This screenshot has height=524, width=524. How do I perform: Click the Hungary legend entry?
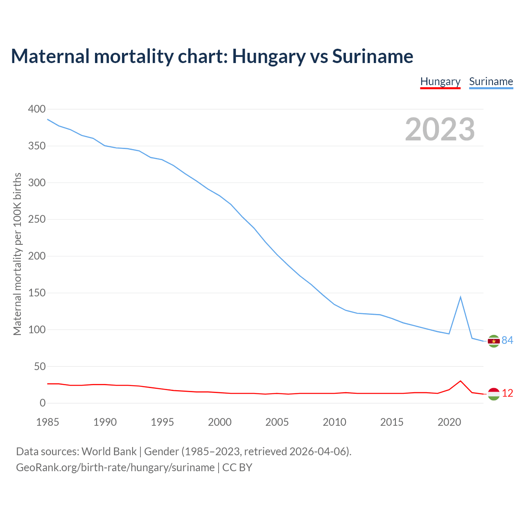(440, 81)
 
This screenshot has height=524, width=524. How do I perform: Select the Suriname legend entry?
(491, 81)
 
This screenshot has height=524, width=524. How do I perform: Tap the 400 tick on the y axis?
(37, 109)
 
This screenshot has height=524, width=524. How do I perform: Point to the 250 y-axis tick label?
(37, 219)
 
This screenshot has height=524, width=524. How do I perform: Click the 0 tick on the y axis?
(43, 403)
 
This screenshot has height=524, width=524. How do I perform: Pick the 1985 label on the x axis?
(47, 422)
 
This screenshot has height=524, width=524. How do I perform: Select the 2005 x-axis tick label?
(277, 422)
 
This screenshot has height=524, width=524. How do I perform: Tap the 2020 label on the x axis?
(449, 422)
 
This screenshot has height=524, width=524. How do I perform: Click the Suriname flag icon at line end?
(494, 341)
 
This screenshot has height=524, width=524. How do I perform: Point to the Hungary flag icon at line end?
(494, 394)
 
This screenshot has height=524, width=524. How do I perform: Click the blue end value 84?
(508, 340)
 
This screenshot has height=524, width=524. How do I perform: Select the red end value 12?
(508, 393)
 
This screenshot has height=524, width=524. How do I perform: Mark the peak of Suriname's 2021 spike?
(461, 297)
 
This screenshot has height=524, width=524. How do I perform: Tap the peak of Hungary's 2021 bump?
(461, 381)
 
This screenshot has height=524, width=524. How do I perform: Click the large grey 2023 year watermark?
(440, 129)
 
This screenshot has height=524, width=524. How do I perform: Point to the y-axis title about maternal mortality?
(17, 254)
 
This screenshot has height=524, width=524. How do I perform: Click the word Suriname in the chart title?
(373, 56)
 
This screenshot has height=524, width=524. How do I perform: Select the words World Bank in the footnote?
(109, 452)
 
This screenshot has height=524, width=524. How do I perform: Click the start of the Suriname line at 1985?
(48, 119)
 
